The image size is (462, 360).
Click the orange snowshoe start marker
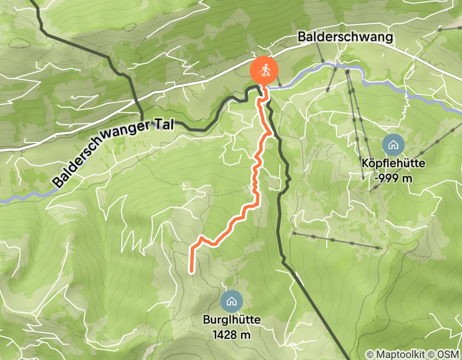[x=264, y=70]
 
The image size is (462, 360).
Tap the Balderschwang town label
[x=345, y=37]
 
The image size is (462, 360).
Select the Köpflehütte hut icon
[x=393, y=145]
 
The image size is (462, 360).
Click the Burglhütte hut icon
[x=231, y=301]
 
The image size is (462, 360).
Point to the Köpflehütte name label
[x=393, y=164]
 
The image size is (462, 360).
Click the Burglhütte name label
[x=231, y=320]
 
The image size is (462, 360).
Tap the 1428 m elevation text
[x=231, y=335]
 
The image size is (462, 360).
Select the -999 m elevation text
[x=394, y=178]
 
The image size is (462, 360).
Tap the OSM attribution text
[x=447, y=354]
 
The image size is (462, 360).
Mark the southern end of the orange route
[x=192, y=271]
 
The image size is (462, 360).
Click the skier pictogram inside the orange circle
[x=264, y=70]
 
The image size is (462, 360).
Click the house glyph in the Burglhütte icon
[x=231, y=301]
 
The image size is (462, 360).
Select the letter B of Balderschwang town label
[x=301, y=38]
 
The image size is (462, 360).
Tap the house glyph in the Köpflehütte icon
[x=393, y=145]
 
